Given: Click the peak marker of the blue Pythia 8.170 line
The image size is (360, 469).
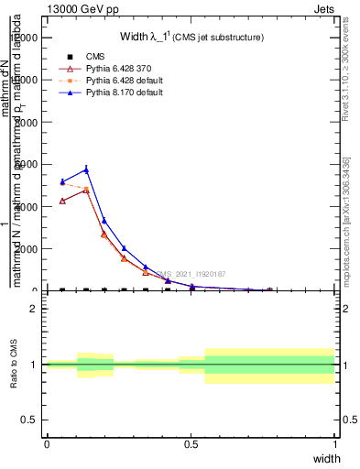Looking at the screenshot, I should pos(86,169).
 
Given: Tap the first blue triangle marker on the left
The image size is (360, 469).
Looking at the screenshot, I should pos(62,181).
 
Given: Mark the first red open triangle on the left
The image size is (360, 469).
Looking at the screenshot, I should pos(62,201).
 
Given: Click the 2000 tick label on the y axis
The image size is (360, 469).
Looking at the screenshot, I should pos(27,249).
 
